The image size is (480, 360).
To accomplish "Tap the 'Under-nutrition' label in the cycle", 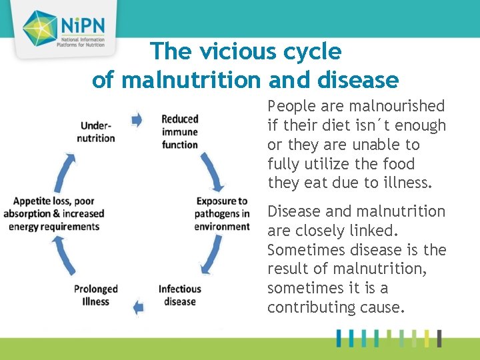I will [x=96, y=131].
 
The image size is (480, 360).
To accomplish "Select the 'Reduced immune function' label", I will [x=180, y=131].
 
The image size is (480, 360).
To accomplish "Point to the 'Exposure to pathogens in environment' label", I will [x=222, y=213].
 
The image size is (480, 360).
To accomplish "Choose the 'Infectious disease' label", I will [x=179, y=295].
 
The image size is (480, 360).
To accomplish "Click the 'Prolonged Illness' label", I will [x=95, y=295].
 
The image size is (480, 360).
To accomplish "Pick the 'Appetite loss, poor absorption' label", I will [x=54, y=213].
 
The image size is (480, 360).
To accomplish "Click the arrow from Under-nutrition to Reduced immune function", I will [x=137, y=119].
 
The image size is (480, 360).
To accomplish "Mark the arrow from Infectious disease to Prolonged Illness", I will [x=138, y=307].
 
